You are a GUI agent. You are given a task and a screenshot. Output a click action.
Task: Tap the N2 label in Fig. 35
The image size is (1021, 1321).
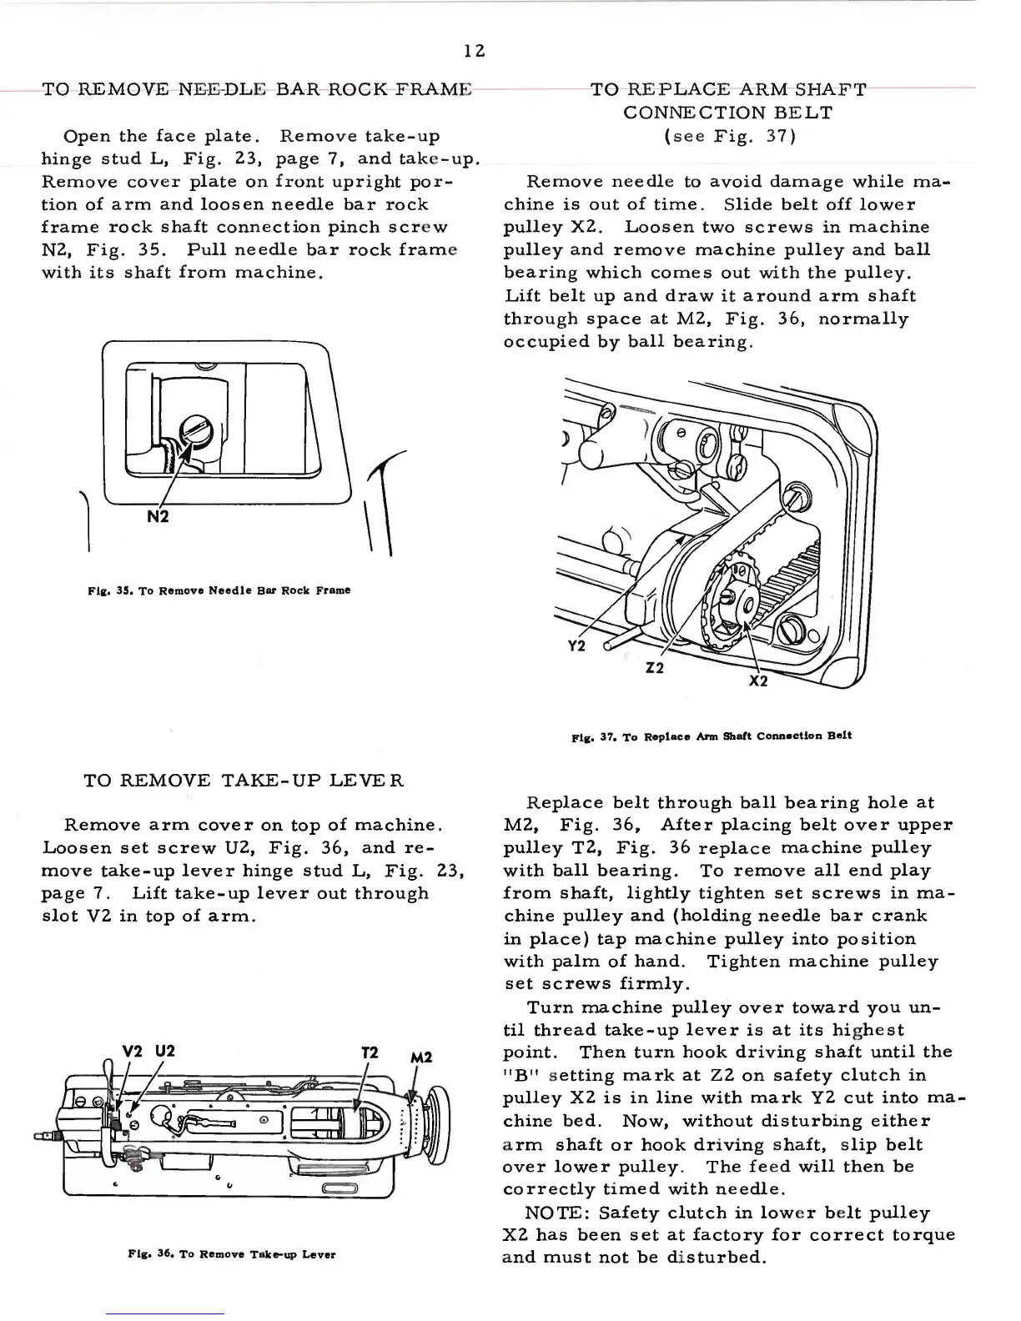[158, 516]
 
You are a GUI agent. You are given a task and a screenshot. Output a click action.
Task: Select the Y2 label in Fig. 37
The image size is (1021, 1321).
[576, 646]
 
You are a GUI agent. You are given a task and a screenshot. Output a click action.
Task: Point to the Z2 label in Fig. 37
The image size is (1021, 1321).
[655, 668]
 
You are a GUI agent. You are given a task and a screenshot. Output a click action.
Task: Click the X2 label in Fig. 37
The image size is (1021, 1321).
[757, 681]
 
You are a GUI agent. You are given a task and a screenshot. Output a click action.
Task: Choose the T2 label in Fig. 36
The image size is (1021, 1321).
[371, 1052]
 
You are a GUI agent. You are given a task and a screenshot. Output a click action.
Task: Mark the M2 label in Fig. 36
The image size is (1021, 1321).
[421, 1057]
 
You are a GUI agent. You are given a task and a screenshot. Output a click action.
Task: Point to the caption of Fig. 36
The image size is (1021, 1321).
[231, 1253]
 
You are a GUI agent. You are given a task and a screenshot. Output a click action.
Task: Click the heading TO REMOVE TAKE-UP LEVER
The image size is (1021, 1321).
[244, 781]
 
